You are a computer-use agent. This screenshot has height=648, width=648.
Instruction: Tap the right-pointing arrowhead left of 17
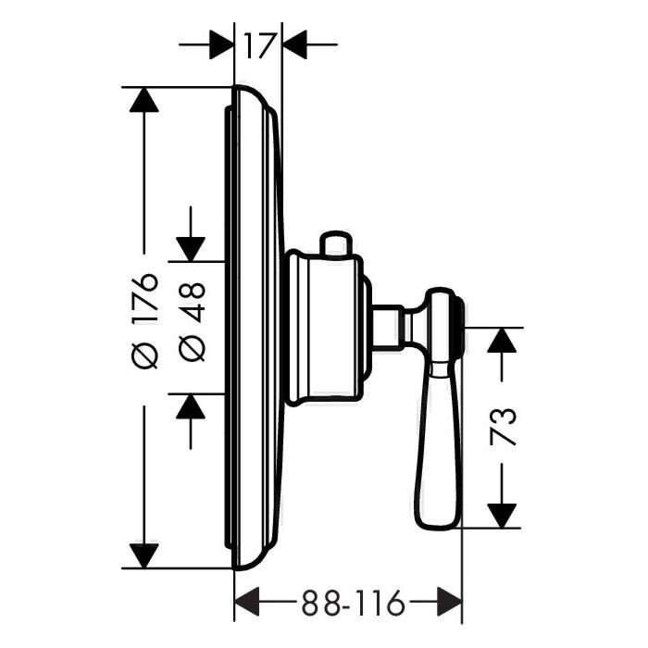click(x=221, y=44)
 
